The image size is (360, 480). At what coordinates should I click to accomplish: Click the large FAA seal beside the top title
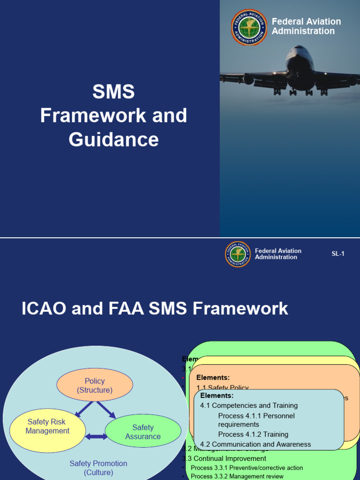(x=249, y=27)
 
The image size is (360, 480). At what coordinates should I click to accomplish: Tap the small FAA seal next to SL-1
(x=238, y=254)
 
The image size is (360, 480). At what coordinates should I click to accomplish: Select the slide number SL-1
(x=338, y=254)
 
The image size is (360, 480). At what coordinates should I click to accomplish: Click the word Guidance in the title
(x=114, y=140)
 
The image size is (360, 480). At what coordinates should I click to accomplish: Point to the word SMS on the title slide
(x=113, y=92)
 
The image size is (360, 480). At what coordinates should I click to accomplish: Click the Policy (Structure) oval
(x=95, y=385)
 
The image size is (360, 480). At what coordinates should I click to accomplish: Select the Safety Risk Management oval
(x=47, y=427)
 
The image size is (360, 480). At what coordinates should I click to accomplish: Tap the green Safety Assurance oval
(x=143, y=432)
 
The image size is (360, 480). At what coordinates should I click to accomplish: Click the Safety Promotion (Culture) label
(x=98, y=468)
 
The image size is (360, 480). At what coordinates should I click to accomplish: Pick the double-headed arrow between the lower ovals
(x=97, y=436)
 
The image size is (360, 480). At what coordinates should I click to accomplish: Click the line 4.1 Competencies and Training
(x=249, y=405)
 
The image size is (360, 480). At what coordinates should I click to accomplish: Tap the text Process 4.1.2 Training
(x=253, y=435)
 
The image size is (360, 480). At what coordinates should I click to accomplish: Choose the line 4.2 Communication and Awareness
(x=255, y=444)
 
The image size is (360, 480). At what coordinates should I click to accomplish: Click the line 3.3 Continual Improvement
(x=226, y=458)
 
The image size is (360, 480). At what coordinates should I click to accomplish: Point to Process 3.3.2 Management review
(x=237, y=476)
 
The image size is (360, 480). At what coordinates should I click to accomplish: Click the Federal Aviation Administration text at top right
(x=306, y=26)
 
